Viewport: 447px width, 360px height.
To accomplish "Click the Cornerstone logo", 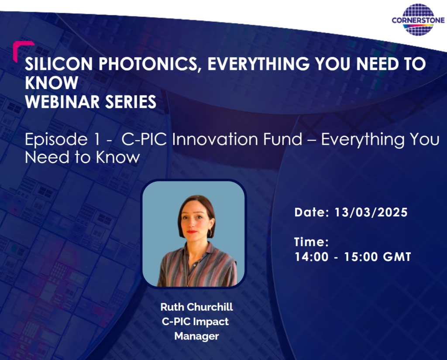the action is pyautogui.click(x=418, y=20).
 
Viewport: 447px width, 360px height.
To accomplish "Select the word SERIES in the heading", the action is pyautogui.click(x=131, y=102).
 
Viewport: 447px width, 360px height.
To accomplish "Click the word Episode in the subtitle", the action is pyautogui.click(x=56, y=139).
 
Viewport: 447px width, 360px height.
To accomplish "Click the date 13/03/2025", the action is pyautogui.click(x=371, y=213).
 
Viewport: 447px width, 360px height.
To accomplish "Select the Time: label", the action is pyautogui.click(x=311, y=242).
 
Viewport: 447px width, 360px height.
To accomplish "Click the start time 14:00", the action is pyautogui.click(x=311, y=257).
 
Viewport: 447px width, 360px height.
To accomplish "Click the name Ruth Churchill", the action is pyautogui.click(x=197, y=307).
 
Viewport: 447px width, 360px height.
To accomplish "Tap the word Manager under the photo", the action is pyautogui.click(x=196, y=336).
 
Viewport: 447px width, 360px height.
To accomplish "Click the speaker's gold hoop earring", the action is pyautogui.click(x=210, y=233).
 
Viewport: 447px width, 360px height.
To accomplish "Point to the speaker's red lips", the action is pyautogui.click(x=192, y=231).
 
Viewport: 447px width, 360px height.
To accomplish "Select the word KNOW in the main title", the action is pyautogui.click(x=52, y=83).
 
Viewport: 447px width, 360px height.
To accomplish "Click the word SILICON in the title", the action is pyautogui.click(x=59, y=64).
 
